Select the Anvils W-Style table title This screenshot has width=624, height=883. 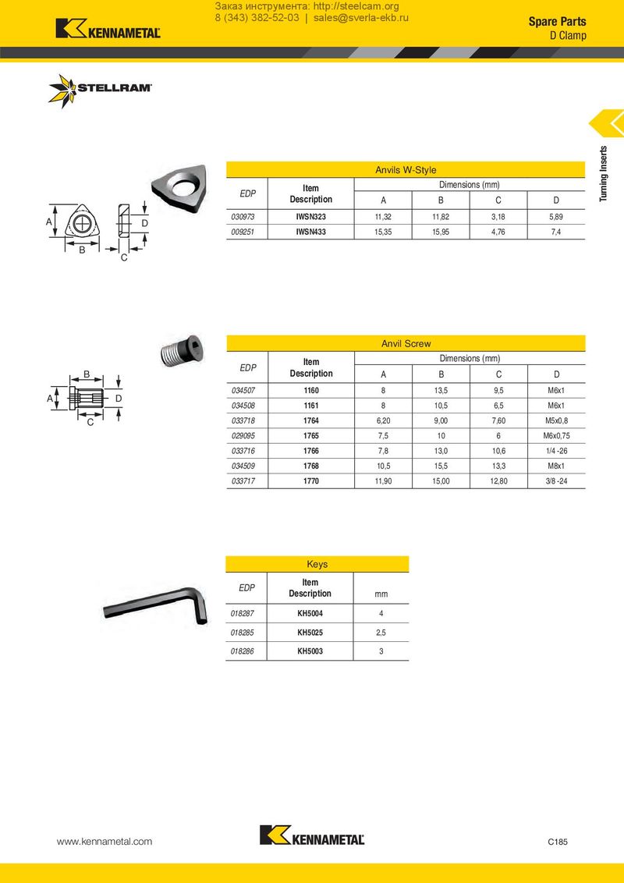(406, 170)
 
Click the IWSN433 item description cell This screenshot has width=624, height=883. (310, 232)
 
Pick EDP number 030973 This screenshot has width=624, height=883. (243, 216)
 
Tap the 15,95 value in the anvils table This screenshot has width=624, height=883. (441, 232)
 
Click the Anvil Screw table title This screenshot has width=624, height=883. (406, 343)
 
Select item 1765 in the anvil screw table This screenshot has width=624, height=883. (310, 435)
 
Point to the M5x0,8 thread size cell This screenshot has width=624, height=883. (555, 420)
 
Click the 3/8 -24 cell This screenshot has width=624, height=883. (555, 481)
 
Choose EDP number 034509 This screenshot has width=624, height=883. (243, 466)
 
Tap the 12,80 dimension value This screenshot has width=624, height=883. (498, 481)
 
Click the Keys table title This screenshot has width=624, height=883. (317, 564)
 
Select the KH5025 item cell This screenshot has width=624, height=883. (310, 632)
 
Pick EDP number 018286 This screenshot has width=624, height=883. (243, 651)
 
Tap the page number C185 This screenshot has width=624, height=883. (557, 842)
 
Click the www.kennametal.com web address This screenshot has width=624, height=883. (105, 842)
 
